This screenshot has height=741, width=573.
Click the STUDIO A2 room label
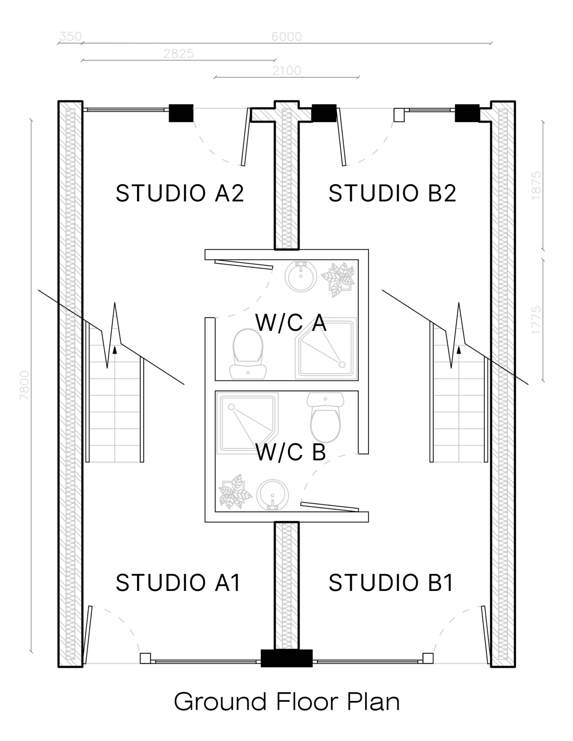179,193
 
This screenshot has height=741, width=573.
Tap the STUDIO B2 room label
392,193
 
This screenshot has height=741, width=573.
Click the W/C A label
291,322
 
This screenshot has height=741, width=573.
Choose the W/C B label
291,452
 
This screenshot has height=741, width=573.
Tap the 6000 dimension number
286,37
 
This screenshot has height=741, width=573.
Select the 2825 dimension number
178,54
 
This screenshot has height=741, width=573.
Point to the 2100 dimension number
286,70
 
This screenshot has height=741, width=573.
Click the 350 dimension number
70,36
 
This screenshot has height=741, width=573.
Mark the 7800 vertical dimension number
25,385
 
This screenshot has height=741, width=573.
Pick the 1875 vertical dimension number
536,186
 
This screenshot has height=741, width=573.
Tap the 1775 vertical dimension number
536,320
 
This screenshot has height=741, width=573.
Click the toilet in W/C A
248,354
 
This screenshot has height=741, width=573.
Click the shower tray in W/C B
248,423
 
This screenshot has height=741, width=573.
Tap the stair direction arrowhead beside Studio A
115,350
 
